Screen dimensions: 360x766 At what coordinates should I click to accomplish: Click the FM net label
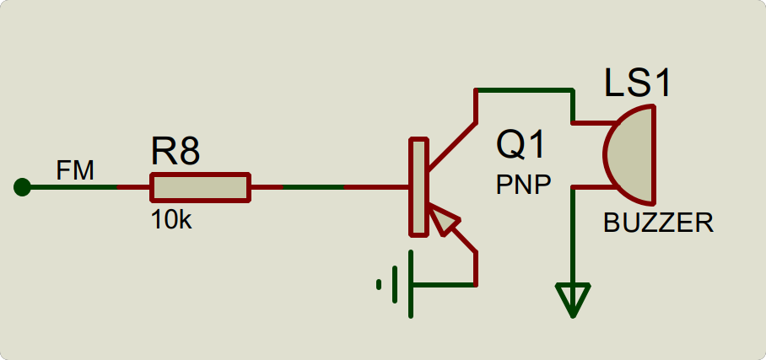tap(74, 171)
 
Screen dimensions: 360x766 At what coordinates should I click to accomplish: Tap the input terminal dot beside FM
tap(23, 187)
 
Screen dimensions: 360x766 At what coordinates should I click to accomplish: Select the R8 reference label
tap(175, 153)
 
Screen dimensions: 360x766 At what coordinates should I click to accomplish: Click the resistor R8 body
tap(200, 187)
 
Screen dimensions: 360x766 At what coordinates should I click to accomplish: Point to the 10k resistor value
tap(171, 221)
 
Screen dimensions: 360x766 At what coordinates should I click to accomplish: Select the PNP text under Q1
tap(523, 185)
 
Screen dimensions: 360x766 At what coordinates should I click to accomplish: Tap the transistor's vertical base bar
tap(418, 187)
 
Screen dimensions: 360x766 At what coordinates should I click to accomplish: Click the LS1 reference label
tap(638, 83)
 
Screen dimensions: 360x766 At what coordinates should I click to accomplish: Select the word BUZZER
tap(658, 223)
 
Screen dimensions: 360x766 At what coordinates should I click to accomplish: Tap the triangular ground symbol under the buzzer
tap(573, 299)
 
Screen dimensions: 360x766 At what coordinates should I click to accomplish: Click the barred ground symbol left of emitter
tap(396, 284)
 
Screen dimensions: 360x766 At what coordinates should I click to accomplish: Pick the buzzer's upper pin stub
tap(589, 124)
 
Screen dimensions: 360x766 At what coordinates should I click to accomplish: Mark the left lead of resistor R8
tap(133, 187)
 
